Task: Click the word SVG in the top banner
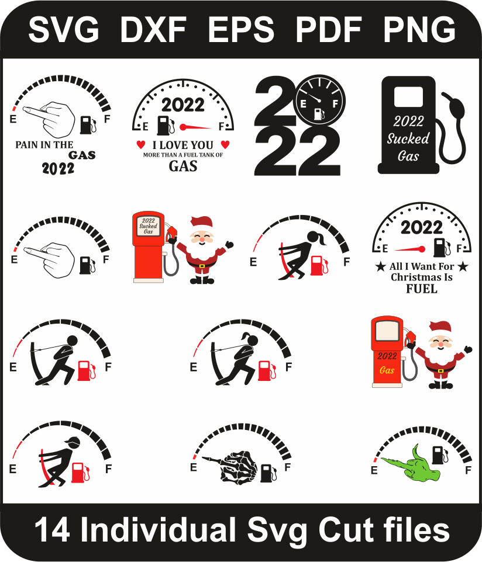(x=63, y=29)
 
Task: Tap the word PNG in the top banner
(x=419, y=29)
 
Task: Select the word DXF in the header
(x=153, y=29)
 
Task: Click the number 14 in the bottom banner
(x=53, y=529)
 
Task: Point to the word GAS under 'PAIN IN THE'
(x=82, y=155)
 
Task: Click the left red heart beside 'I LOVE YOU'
(x=141, y=145)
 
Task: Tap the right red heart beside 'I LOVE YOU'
(x=225, y=145)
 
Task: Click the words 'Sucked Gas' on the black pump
(x=408, y=147)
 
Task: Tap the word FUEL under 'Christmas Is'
(x=422, y=289)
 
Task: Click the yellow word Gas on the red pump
(x=387, y=370)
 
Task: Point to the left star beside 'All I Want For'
(x=380, y=266)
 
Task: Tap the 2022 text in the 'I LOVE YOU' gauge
(x=183, y=105)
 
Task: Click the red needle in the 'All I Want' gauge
(x=409, y=249)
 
